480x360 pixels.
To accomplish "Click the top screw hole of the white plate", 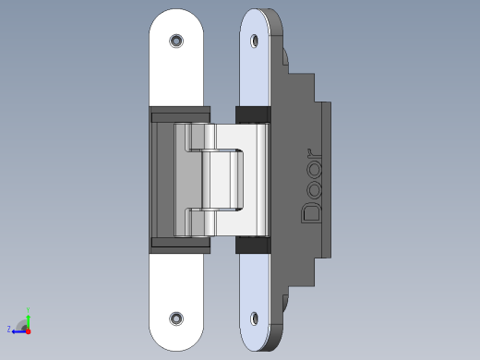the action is point(176,41).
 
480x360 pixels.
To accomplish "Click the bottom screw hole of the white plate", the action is point(176,318).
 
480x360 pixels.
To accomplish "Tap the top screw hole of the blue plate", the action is point(254,41).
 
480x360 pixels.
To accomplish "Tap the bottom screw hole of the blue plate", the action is point(254,318).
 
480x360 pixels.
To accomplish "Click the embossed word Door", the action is point(311,186).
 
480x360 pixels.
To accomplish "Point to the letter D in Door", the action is point(311,212).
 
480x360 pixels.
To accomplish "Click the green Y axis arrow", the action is point(28,322).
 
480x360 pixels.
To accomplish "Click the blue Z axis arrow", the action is point(19,331).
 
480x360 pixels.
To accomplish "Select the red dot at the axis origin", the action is point(29,331).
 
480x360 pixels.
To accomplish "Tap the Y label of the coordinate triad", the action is point(28,310).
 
